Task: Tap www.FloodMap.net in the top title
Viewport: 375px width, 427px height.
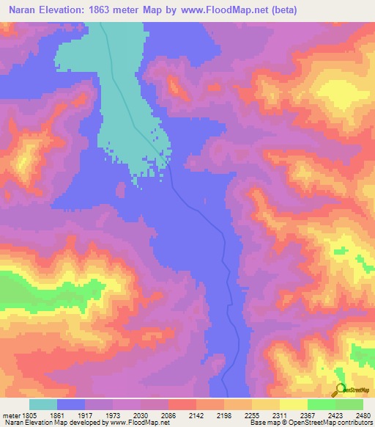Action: pyautogui.click(x=241, y=10)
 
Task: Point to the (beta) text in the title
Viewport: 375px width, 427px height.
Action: pyautogui.click(x=311, y=10)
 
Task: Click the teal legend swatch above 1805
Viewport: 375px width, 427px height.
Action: pyautogui.click(x=43, y=404)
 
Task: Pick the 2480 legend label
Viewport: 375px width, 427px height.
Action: pyautogui.click(x=363, y=415)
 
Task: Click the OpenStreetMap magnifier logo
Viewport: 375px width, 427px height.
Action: pyautogui.click(x=340, y=390)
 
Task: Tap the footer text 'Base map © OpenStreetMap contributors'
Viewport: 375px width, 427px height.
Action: pyautogui.click(x=311, y=423)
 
